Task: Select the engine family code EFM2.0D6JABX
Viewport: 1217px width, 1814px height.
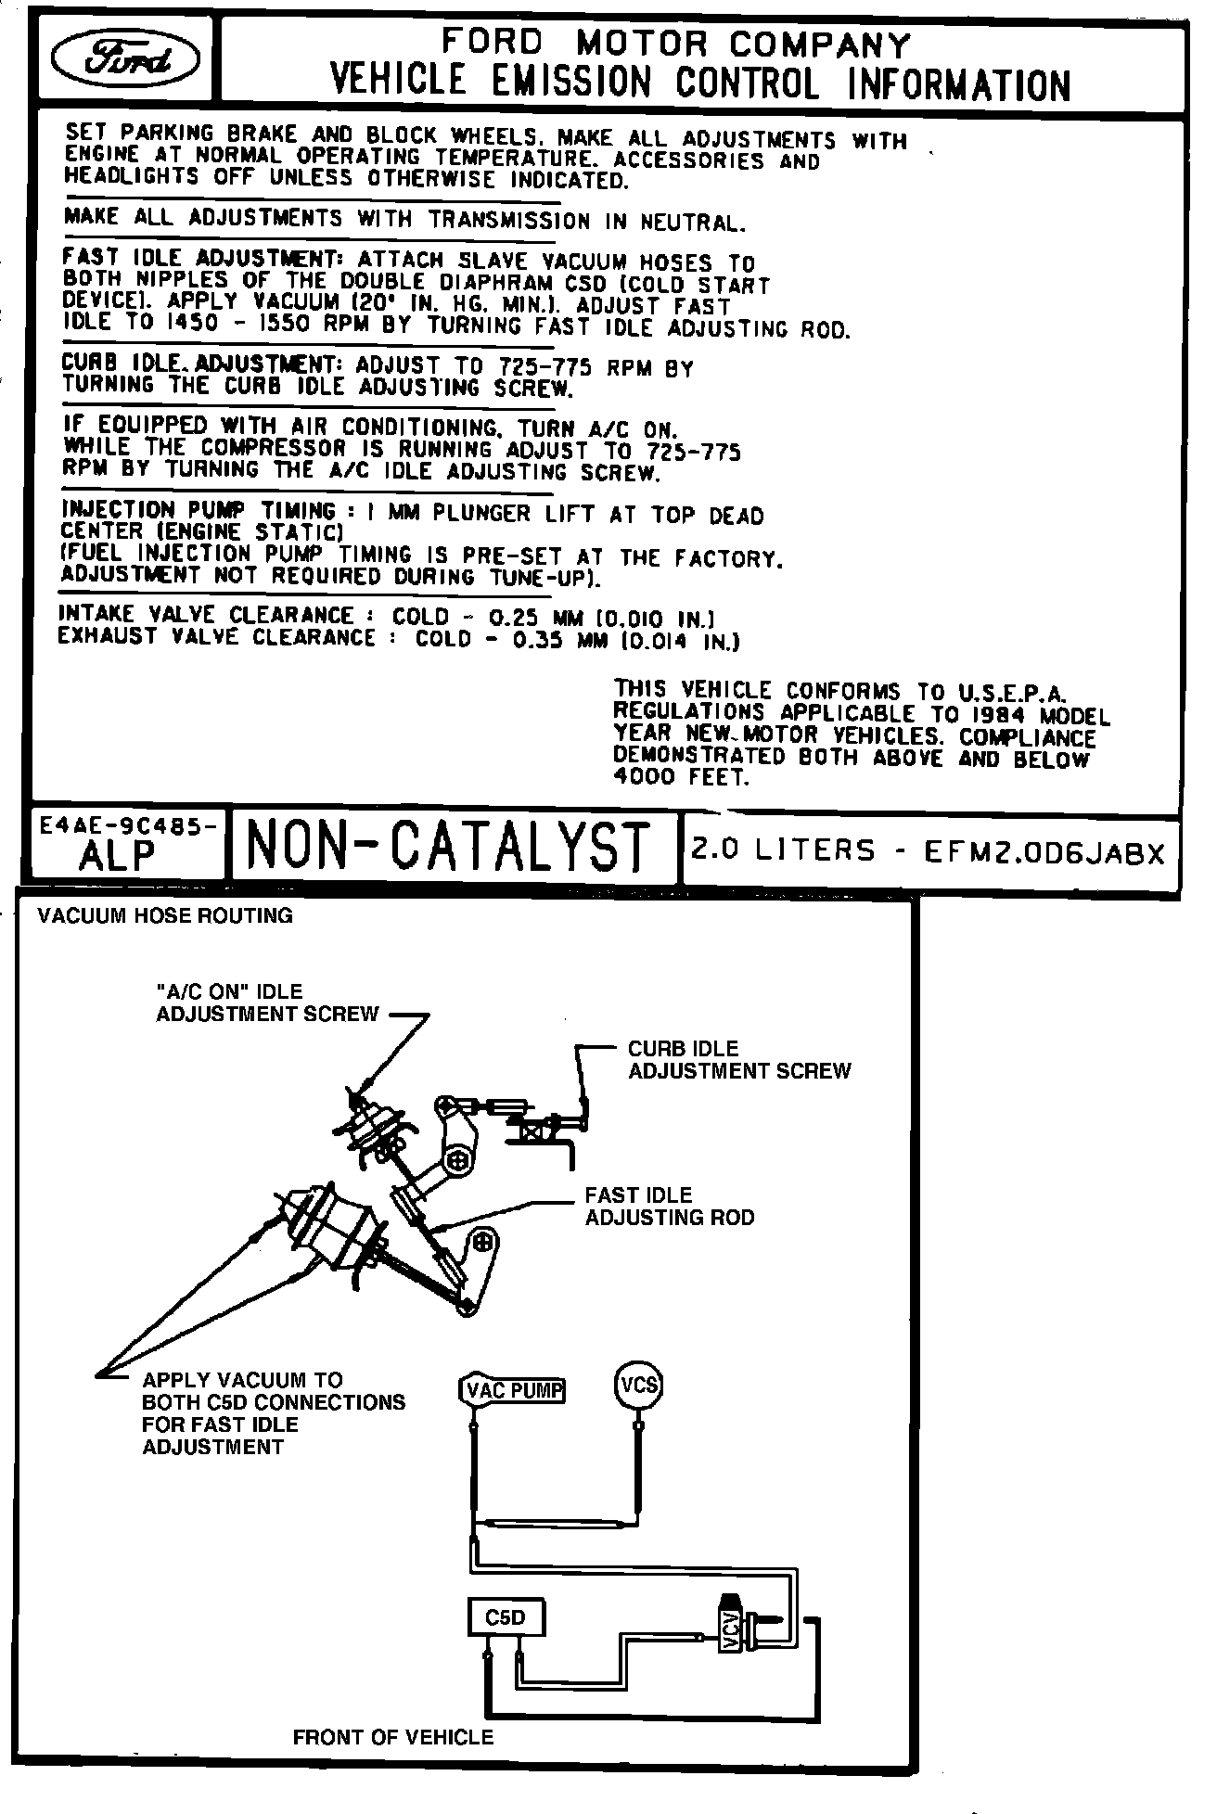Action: point(1044,852)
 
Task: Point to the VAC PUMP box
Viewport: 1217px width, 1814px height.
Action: point(513,1389)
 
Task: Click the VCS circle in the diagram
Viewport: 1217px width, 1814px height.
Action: point(639,1386)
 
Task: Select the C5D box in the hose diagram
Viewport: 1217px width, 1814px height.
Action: point(506,1617)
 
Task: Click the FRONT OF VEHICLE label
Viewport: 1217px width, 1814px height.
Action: point(393,1737)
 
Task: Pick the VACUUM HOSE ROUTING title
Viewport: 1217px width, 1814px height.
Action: point(165,916)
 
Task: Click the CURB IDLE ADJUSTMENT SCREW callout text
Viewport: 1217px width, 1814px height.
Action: point(739,1060)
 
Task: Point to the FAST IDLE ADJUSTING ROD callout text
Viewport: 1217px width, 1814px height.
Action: point(670,1207)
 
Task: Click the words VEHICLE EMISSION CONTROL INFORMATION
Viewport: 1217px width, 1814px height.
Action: point(700,84)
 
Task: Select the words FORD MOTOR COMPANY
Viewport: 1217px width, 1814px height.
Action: point(676,43)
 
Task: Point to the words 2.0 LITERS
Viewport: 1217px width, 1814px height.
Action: point(784,850)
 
